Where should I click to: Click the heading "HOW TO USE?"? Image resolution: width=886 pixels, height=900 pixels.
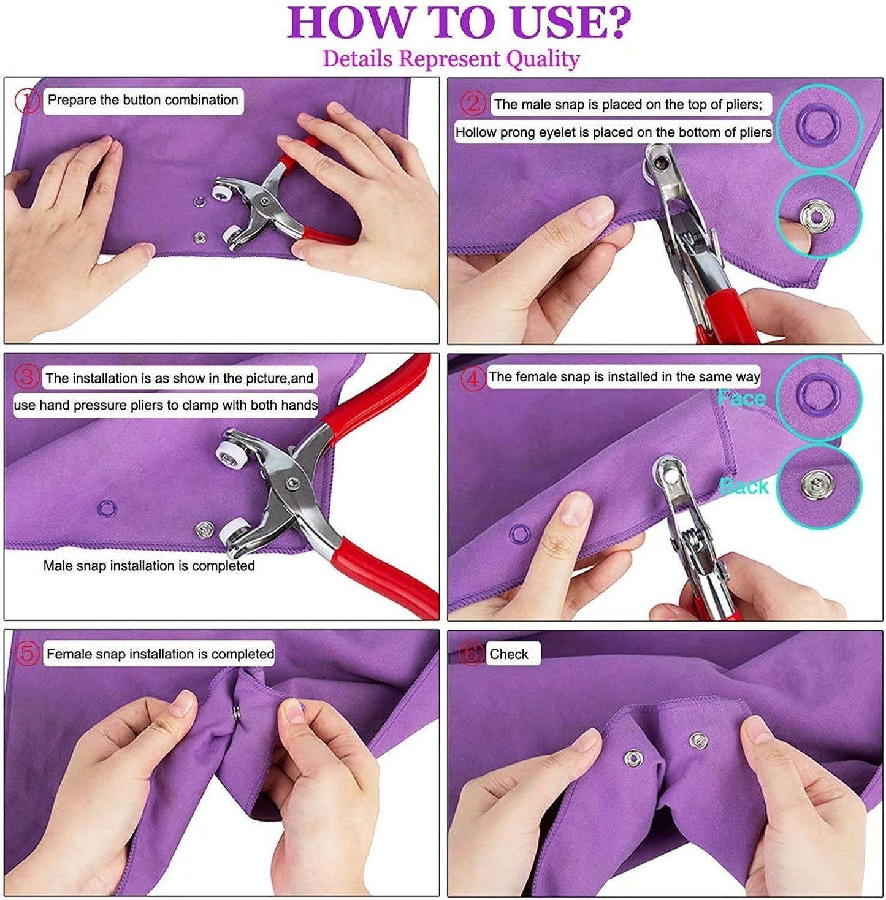coord(459,22)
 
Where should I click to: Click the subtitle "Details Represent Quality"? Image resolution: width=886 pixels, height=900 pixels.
coord(451,59)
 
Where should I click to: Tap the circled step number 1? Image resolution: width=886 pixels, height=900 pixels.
coord(26,101)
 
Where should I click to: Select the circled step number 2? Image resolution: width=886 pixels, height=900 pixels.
coord(472,104)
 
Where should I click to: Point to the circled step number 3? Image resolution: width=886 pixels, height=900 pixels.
coord(26,378)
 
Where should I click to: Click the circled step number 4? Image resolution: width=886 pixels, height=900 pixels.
coord(472,378)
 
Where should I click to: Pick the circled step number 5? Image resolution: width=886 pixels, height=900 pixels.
coord(26,654)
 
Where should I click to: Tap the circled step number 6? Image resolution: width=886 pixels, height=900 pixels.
coord(471,654)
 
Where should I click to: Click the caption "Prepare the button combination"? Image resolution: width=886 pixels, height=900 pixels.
coord(143,101)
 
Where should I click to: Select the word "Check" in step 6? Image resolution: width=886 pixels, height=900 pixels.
coord(508,654)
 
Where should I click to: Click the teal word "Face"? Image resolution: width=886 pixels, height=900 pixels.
coord(742,399)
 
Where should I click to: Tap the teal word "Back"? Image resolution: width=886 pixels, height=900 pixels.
coord(744,486)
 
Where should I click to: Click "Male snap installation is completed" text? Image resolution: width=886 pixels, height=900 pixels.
coord(149,565)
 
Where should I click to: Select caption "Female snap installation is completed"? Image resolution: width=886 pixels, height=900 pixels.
coord(160,654)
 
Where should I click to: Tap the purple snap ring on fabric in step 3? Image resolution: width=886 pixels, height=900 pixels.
coord(107,508)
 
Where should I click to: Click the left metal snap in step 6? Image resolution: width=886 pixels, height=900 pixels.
coord(633,758)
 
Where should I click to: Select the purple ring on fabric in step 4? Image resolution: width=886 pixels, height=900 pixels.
coord(520,534)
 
